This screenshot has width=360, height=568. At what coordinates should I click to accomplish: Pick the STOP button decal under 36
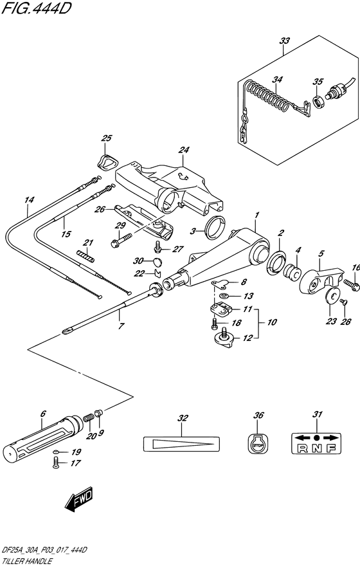pos(258,443)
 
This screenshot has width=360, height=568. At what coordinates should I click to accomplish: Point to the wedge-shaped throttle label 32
pos(181,443)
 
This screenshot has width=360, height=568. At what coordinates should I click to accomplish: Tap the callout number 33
pos(284,41)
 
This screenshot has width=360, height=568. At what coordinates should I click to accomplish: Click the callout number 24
pos(184,151)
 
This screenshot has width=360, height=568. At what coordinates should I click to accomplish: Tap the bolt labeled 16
pos(350,282)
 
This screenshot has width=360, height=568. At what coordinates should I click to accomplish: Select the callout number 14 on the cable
pos(28,200)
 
